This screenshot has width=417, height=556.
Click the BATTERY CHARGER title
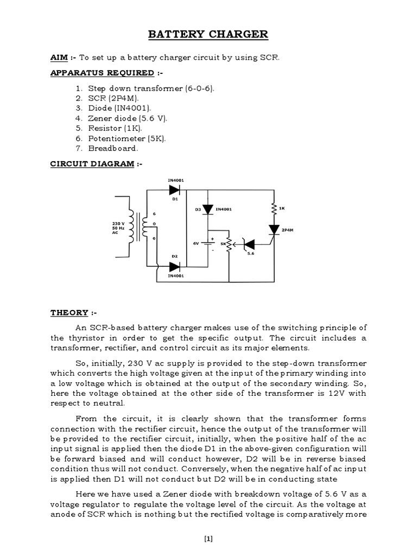tap(208, 35)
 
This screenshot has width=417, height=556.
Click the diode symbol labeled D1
tap(174, 189)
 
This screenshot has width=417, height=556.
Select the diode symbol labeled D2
tap(174, 267)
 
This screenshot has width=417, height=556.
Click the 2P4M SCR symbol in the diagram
tap(273, 230)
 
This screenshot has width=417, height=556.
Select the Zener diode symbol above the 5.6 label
tap(248, 245)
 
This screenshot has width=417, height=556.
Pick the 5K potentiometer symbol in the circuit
tap(229, 245)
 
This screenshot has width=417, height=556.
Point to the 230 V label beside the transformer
tap(119, 223)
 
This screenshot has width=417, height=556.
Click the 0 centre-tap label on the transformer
tap(155, 224)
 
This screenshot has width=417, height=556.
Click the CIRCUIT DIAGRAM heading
tap(92, 164)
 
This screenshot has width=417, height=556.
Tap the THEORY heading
tap(69, 313)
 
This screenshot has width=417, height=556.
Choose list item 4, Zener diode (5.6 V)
tap(114, 118)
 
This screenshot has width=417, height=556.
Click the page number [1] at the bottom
tap(208, 539)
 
